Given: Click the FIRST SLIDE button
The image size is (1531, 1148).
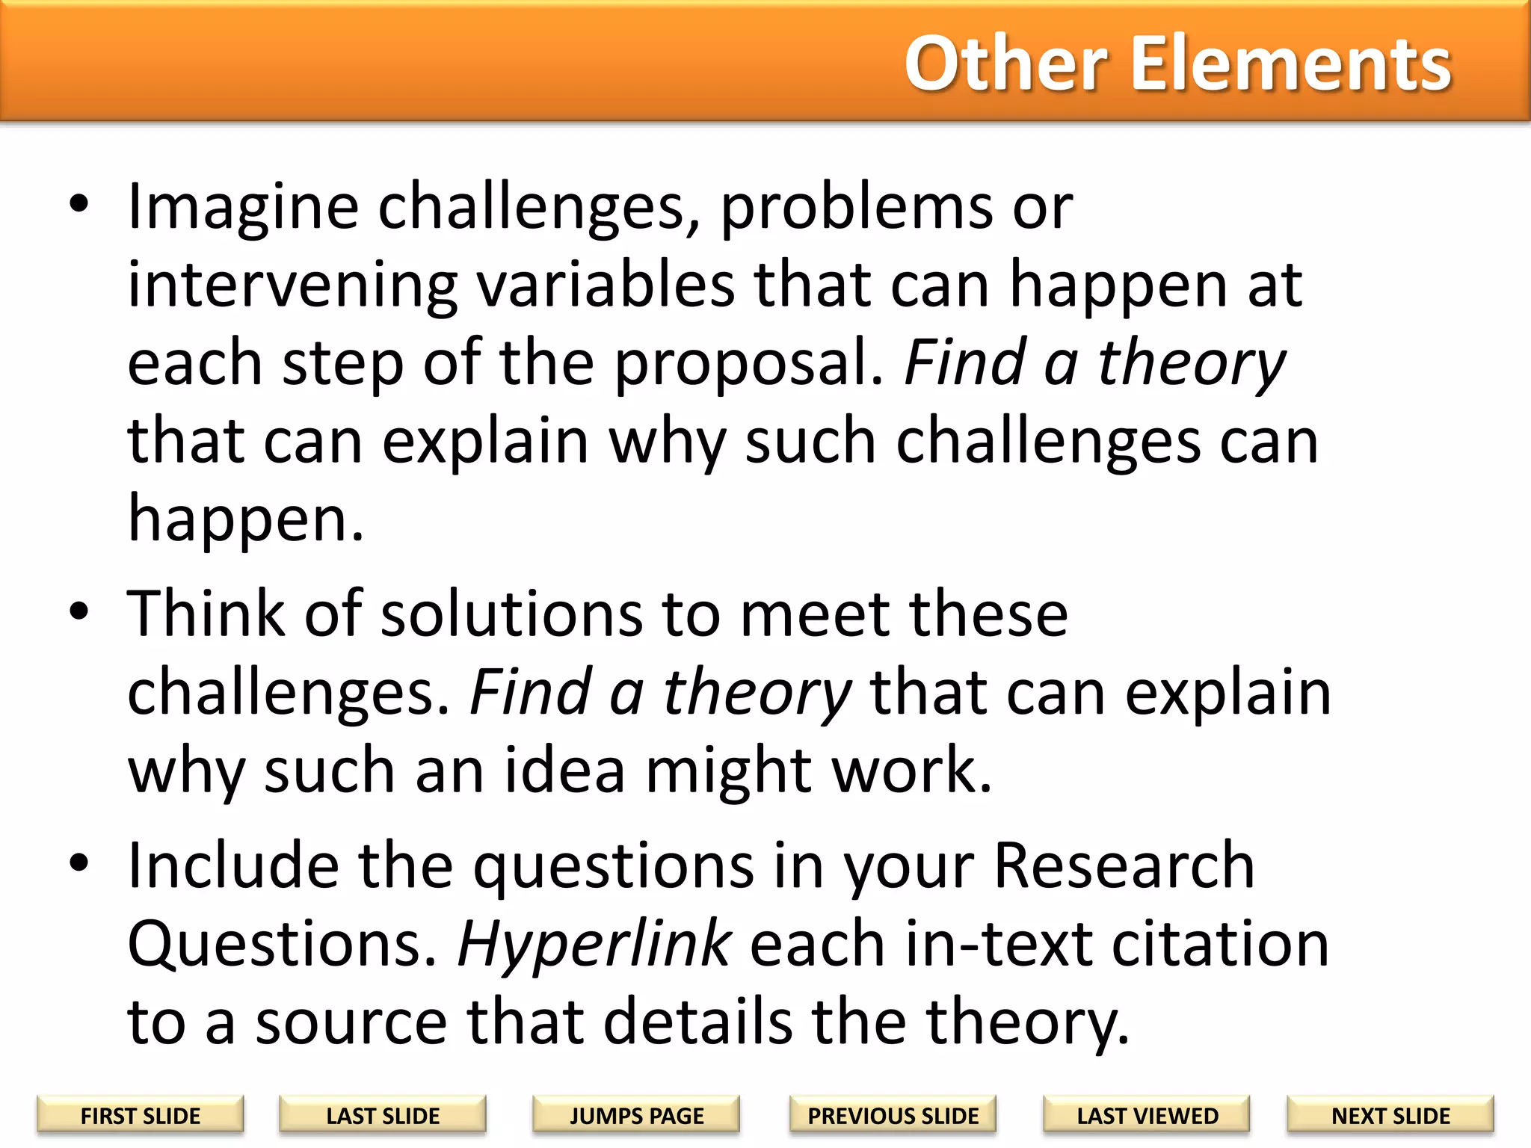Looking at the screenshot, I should pos(141,1115).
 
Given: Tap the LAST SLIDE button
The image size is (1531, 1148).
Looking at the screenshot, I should pos(383,1115).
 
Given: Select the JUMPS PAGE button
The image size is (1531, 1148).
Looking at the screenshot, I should pos(636,1115).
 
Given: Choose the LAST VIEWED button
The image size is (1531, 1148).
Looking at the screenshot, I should pos(1147,1115).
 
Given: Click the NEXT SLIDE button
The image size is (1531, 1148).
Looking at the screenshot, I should pos(1390,1115).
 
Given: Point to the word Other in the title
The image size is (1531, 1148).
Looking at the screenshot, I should pos(1005,64).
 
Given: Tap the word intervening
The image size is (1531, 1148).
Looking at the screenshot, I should pos(292,287).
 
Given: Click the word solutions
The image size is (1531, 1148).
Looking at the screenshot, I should pos(511,614).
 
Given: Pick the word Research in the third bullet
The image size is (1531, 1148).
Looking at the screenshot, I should pos(1124,865).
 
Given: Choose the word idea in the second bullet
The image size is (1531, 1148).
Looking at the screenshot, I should pos(564,771).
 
